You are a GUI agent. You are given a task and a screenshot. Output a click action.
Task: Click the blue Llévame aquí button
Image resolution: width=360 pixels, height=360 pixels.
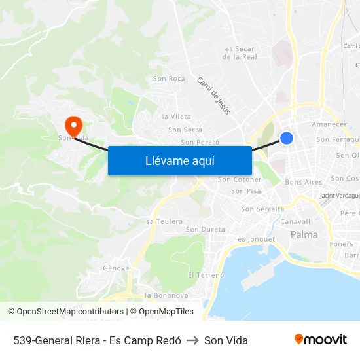pyautogui.click(x=179, y=160)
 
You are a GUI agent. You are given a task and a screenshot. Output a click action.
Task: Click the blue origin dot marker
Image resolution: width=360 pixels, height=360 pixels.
pyautogui.click(x=287, y=137)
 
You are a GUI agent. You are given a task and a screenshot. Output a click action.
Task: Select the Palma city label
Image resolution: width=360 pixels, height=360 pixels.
pyautogui.click(x=304, y=234)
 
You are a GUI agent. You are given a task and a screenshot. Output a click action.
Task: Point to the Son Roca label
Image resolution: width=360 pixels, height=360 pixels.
pyautogui.click(x=169, y=79)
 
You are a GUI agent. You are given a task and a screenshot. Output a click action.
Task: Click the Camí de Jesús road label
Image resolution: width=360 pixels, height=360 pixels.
pyautogui.click(x=214, y=96)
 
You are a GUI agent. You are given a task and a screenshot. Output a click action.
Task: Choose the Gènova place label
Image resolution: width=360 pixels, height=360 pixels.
pyautogui.click(x=116, y=268)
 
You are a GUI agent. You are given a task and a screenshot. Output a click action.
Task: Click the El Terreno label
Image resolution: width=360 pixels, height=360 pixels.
pyautogui.click(x=206, y=275)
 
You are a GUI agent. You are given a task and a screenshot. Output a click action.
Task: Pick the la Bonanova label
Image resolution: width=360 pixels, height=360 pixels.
pyautogui.click(x=166, y=295)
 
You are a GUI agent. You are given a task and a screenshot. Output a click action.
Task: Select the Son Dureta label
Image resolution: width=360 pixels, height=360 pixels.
pyautogui.click(x=206, y=230)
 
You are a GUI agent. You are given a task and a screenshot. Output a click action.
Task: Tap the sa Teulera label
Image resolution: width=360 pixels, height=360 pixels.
pyautogui.click(x=164, y=221)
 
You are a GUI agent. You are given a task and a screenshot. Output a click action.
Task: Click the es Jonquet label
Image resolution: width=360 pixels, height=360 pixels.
pyautogui.click(x=257, y=239)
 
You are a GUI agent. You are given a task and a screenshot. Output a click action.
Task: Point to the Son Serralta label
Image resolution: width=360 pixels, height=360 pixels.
pyautogui.click(x=262, y=209)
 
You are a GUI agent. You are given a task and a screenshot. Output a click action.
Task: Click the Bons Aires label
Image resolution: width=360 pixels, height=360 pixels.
pyautogui.click(x=304, y=182)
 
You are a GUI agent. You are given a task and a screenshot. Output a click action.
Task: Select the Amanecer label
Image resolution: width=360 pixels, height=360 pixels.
pyautogui.click(x=329, y=124)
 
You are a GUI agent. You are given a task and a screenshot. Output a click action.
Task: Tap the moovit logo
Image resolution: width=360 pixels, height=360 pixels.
pyautogui.click(x=321, y=340)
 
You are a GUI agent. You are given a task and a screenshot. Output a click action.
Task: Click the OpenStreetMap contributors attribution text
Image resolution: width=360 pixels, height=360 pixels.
pyautogui.click(x=67, y=312)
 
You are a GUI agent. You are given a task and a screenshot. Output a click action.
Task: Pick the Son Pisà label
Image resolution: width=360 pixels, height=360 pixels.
pyautogui.click(x=246, y=191)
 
